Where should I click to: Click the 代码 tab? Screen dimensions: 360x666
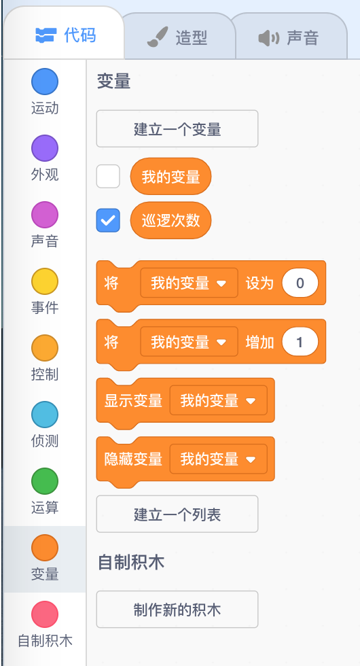65,35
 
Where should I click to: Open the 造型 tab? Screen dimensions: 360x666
177,38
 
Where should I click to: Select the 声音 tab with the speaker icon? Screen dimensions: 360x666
289,38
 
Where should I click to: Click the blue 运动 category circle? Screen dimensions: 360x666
45,82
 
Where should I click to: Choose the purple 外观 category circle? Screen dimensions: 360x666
45,148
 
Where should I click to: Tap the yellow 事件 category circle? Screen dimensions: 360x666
45,281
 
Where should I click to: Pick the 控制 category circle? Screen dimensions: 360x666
45,348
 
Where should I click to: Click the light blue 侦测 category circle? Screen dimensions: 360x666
45,415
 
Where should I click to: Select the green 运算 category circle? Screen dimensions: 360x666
45,481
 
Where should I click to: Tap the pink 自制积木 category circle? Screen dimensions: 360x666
45,614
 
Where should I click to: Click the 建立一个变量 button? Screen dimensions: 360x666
177,128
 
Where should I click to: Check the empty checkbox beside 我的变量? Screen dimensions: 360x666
108,176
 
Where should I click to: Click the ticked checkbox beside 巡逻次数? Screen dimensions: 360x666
108,220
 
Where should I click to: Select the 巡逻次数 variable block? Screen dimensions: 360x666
170,220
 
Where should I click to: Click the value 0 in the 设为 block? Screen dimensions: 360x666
300,283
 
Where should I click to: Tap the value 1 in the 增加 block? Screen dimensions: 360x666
300,341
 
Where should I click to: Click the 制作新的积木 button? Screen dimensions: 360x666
177,610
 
